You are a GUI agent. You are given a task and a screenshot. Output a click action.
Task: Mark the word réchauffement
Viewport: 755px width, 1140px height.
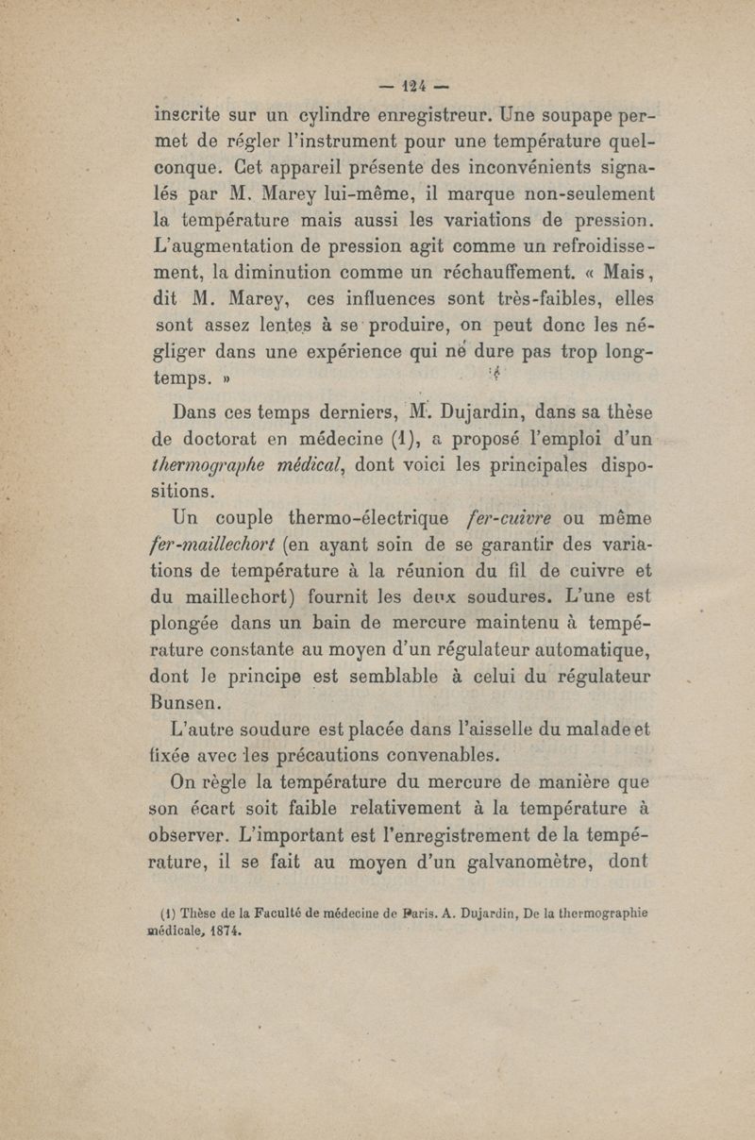[491, 279]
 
